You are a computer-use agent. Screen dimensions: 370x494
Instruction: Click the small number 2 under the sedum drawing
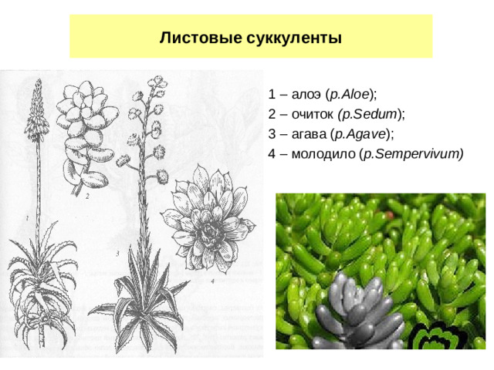[x=87, y=197]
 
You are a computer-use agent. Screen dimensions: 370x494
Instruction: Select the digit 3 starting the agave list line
[x=272, y=133]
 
